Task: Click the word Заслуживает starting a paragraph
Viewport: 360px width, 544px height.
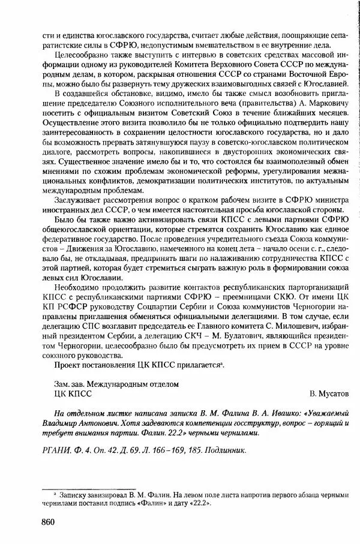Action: coord(78,200)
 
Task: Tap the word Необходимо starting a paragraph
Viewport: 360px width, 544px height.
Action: coord(77,287)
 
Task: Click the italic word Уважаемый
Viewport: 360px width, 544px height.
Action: coord(327,414)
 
